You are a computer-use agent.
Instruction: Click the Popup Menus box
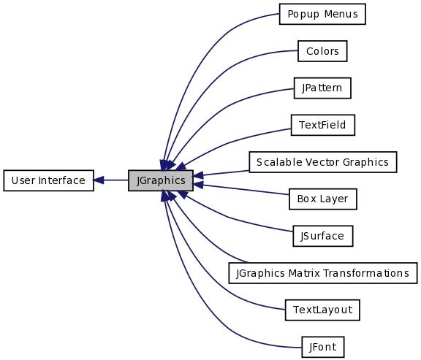[x=322, y=14]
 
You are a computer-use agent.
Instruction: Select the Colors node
[x=322, y=51]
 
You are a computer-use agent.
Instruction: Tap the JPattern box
[x=322, y=88]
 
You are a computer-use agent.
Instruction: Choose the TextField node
[x=323, y=125]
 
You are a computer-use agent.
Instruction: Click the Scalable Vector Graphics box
[x=323, y=162]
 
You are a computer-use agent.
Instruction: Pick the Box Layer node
[x=323, y=199]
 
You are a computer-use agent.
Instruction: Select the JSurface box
[x=323, y=236]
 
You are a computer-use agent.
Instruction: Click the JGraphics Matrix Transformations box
[x=323, y=273]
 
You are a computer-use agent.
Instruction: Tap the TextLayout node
[x=322, y=310]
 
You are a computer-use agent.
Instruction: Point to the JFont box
[x=323, y=347]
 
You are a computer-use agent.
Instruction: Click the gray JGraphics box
[x=161, y=180]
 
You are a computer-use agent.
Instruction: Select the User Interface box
[x=48, y=180]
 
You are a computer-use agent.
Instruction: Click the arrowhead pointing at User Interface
[x=98, y=180]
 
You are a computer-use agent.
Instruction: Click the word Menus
[x=341, y=14]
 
